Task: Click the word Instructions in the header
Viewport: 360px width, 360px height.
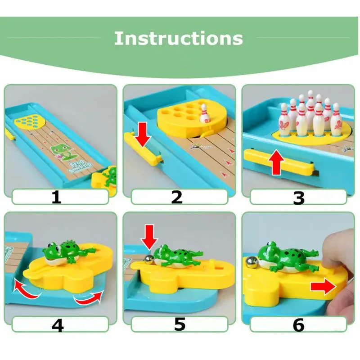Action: pos(179,38)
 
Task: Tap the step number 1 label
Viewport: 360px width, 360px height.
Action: pos(56,197)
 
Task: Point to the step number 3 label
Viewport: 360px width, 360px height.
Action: pos(299,198)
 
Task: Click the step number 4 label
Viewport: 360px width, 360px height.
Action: pos(58,324)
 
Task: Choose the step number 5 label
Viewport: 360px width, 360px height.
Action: pos(180,324)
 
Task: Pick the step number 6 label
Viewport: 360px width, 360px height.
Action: pos(299,325)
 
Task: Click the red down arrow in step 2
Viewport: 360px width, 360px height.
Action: pos(143,134)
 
